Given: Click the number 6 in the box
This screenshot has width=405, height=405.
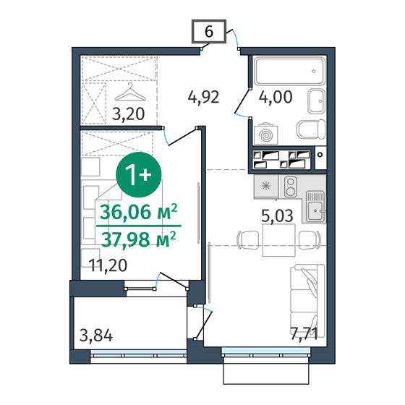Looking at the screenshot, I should coord(208,33).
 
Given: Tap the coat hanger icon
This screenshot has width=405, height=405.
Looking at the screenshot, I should coord(130,92).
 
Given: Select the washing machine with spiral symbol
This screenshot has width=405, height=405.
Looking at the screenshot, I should coord(266,134).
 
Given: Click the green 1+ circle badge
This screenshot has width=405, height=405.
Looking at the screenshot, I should coord(138,174).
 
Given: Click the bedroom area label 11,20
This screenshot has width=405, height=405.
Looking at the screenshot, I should coord(109,265).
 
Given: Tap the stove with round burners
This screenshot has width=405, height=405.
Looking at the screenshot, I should coord(291,187).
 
